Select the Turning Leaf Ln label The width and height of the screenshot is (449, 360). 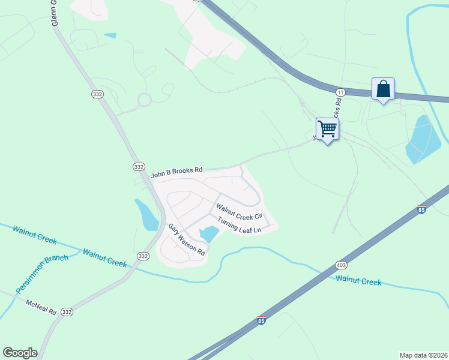point(240,226)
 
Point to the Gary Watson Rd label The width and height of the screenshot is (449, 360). point(187,240)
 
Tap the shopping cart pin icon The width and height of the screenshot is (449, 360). point(327,128)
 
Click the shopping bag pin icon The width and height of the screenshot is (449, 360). point(383,89)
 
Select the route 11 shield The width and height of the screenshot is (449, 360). point(340,92)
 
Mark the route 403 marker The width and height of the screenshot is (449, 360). point(342,265)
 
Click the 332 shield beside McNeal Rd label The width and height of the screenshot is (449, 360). point(67,312)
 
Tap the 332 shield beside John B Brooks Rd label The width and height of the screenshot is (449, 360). point(139,166)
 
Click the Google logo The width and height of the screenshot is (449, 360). point(20,353)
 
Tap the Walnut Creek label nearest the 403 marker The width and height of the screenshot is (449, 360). point(358,280)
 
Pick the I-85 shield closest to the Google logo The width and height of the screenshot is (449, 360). point(261,320)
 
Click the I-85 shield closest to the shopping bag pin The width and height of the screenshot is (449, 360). point(421,209)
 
